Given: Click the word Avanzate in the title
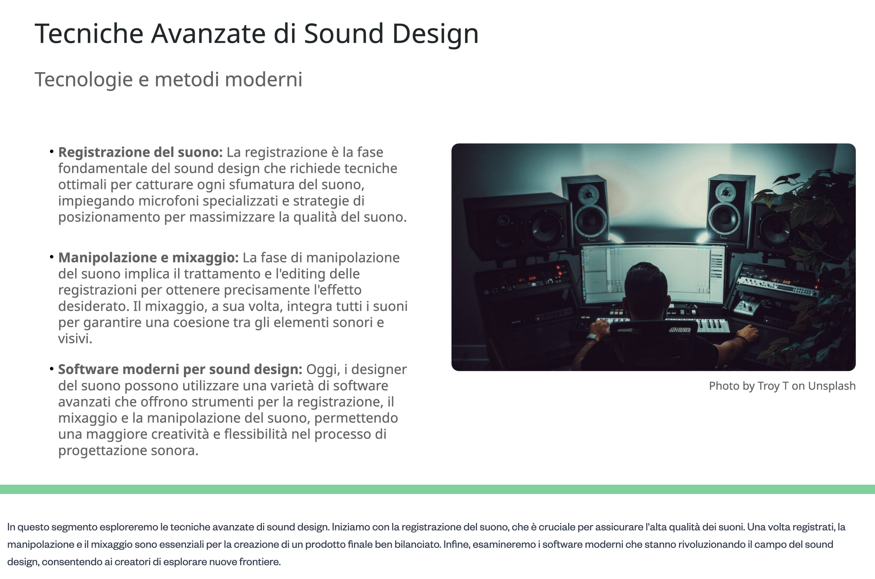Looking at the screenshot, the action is click(x=208, y=34).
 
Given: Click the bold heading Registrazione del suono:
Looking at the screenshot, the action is click(x=140, y=152).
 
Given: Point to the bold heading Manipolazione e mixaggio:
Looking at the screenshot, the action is click(x=148, y=257).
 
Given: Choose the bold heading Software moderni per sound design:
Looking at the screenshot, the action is click(x=180, y=369).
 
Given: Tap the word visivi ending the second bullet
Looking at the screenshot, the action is click(x=75, y=338).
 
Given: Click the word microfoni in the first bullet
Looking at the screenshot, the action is click(x=169, y=201).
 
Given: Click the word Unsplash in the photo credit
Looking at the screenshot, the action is click(x=831, y=386).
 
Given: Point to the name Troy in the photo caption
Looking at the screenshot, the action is click(x=769, y=386).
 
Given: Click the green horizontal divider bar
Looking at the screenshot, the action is click(x=437, y=489).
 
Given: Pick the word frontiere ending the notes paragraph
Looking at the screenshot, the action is click(x=259, y=562).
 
